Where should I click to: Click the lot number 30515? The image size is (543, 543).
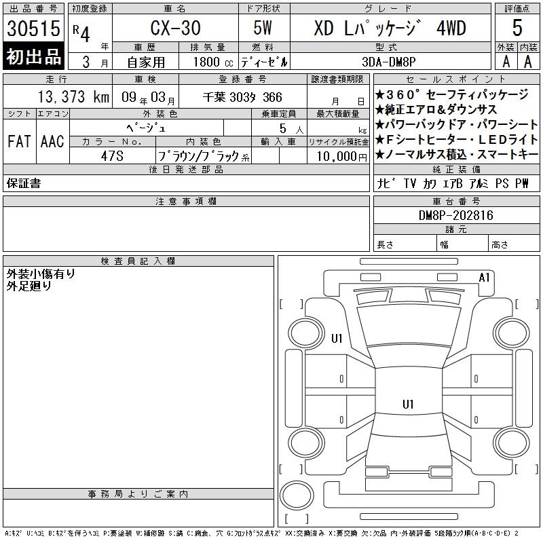[x=33, y=29]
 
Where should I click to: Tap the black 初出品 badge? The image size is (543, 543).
[x=33, y=56]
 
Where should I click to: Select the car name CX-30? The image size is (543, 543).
[x=175, y=28]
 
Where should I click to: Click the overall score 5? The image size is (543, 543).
[x=517, y=28]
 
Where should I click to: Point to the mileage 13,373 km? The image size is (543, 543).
[x=73, y=96]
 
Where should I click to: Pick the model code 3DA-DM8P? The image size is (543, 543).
[x=388, y=62]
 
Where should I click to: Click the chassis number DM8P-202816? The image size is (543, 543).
[x=455, y=215]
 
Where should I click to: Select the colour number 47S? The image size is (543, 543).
[x=112, y=156]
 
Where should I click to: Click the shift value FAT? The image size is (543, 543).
[x=19, y=141]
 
